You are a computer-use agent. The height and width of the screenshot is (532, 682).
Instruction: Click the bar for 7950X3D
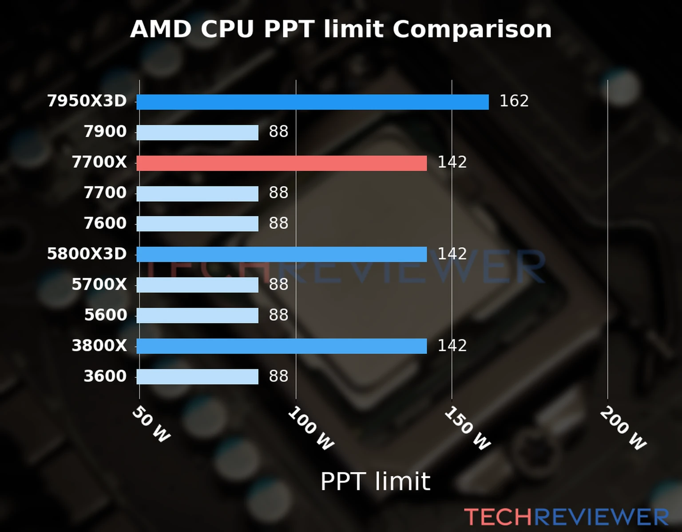point(312,102)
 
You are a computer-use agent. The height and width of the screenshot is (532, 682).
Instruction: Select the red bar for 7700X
point(282,163)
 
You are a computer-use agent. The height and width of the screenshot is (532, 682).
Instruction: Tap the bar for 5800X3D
point(282,254)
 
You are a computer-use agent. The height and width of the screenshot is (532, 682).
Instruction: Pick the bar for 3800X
point(282,346)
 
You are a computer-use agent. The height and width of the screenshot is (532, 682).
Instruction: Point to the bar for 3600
point(197,377)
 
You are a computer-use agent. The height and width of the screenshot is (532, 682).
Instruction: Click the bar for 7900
point(197,133)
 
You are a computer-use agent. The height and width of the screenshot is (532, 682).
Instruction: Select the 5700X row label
point(99,285)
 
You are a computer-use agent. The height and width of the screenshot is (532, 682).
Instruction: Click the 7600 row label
point(105,223)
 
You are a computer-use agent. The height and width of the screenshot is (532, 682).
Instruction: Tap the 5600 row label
point(105,315)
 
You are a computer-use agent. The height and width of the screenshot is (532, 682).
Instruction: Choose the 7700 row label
point(105,193)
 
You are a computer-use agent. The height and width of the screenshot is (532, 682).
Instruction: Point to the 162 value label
point(514,101)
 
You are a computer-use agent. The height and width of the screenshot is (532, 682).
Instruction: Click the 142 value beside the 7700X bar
point(452,162)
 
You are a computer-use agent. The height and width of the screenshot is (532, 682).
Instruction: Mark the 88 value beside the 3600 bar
point(278,376)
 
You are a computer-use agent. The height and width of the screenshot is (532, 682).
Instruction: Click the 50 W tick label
point(151,424)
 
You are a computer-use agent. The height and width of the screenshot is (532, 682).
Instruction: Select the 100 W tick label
point(311,429)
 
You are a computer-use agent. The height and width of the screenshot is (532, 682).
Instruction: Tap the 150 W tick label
point(468,428)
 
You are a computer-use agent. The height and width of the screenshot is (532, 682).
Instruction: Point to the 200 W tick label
point(623,428)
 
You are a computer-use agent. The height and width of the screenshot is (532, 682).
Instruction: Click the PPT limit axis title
point(375,481)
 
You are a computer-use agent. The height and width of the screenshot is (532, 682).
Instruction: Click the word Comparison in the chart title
point(472,30)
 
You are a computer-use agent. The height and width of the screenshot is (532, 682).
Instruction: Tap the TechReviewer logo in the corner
point(566,517)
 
